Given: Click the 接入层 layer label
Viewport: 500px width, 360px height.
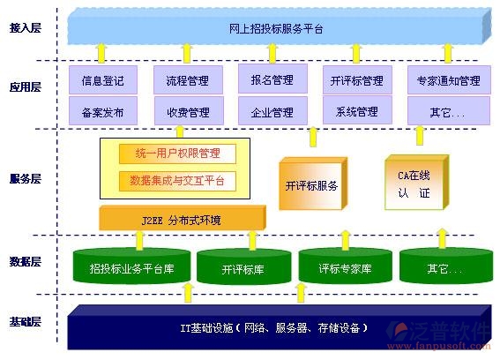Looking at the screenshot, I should pyautogui.click(x=26, y=29).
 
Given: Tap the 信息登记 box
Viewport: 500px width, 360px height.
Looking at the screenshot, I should pyautogui.click(x=102, y=81).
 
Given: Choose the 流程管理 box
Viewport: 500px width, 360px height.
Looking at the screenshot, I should pyautogui.click(x=187, y=81).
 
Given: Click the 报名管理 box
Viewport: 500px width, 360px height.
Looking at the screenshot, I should pyautogui.click(x=272, y=80).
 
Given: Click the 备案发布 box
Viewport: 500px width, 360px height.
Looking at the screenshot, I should pyautogui.click(x=102, y=112).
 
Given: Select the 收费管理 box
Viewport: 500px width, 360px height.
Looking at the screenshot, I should pyautogui.click(x=187, y=112).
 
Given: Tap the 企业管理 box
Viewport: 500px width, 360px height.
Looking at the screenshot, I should pyautogui.click(x=272, y=112).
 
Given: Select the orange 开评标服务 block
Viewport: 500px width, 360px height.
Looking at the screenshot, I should pyautogui.click(x=310, y=185).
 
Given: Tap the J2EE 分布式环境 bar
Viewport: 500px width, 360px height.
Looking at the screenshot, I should pyautogui.click(x=180, y=219).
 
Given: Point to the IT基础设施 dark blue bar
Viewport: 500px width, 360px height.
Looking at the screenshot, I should pyautogui.click(x=273, y=327).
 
